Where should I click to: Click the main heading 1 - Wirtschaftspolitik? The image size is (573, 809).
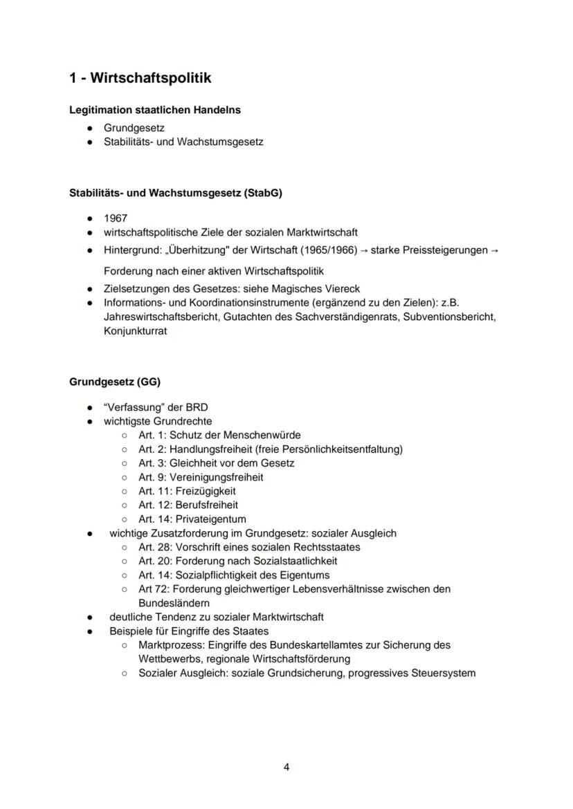140,78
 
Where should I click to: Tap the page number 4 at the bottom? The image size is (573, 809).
286,767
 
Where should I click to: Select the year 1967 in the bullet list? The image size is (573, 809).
116,218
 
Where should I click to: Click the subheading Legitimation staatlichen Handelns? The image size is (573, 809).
155,110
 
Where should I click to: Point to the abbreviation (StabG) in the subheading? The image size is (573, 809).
263,193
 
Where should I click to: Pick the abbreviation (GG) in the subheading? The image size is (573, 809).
149,382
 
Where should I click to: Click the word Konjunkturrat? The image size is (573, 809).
135,331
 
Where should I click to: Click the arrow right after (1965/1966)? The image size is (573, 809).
364,250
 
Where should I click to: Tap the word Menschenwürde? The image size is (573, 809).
259,435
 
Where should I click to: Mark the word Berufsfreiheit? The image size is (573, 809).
206,505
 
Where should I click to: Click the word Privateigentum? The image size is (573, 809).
211,519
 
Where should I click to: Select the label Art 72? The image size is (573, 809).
152,589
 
